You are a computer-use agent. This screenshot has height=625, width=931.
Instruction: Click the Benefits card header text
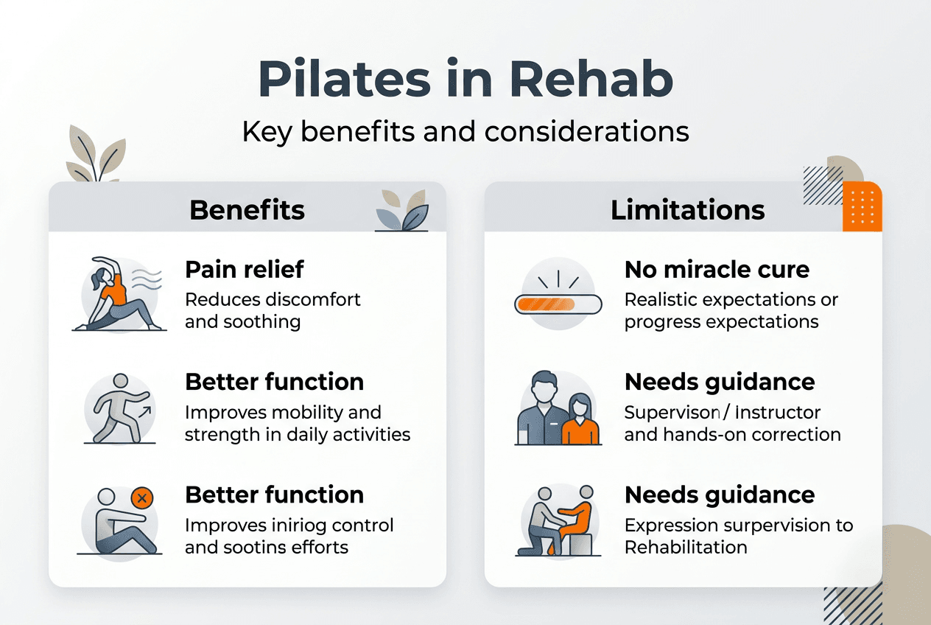pyautogui.click(x=247, y=210)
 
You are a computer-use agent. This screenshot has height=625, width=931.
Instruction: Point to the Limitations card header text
pyautogui.click(x=688, y=210)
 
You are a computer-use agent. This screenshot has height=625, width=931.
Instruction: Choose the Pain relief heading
pyautogui.click(x=244, y=270)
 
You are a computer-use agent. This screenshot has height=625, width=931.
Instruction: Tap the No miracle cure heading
pyautogui.click(x=717, y=270)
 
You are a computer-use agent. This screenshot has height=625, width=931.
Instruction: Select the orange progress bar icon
pyautogui.click(x=546, y=303)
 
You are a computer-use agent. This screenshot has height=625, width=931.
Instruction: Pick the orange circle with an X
pyautogui.click(x=142, y=499)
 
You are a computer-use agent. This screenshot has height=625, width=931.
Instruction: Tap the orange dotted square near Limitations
pyautogui.click(x=863, y=206)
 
